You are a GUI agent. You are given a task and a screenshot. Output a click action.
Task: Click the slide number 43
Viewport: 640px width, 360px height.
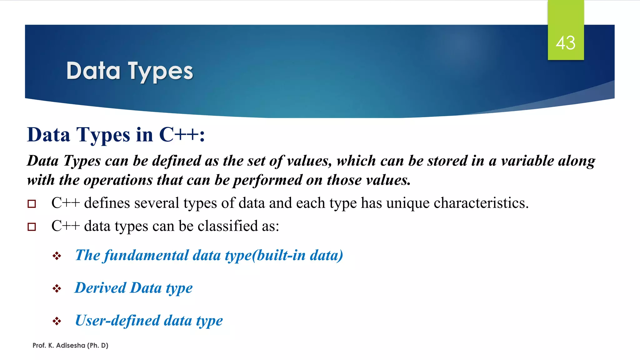point(565,43)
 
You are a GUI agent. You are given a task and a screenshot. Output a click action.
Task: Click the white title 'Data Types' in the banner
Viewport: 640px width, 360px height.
point(130,71)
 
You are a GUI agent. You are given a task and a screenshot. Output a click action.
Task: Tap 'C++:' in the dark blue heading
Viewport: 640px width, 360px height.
point(182,135)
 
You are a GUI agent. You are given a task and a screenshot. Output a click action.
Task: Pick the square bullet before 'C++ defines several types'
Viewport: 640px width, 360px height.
point(32,204)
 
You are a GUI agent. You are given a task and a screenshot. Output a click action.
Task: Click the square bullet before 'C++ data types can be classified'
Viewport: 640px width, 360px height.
point(32,227)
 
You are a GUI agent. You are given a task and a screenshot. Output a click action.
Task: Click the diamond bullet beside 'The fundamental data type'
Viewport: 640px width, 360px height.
point(57,256)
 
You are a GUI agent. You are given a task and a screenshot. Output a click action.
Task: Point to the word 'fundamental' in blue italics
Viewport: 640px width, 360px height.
point(146,256)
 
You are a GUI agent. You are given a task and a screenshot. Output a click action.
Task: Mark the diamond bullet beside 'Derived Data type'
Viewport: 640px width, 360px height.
point(57,288)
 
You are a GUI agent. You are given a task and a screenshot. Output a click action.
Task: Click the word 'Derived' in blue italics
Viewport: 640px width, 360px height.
point(100,288)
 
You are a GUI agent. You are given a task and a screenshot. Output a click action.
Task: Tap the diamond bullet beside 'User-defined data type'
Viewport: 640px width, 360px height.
point(57,321)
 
